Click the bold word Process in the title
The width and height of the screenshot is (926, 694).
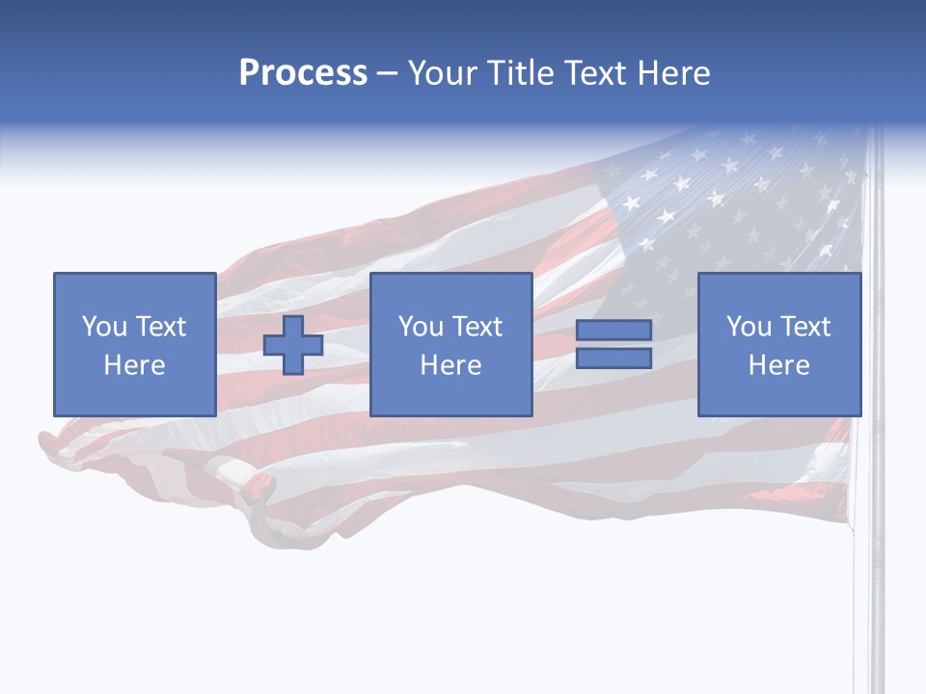tap(303, 72)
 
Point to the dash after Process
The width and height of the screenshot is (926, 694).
tap(387, 73)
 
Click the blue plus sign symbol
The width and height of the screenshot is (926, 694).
tap(293, 345)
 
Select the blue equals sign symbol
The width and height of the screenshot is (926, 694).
tap(613, 344)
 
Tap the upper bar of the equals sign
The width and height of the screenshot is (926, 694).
tap(613, 331)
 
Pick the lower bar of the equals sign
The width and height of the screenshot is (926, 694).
tap(613, 358)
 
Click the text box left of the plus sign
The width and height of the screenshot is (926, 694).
tap(134, 344)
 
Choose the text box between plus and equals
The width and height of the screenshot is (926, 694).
tap(450, 344)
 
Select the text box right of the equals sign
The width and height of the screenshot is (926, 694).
tap(778, 344)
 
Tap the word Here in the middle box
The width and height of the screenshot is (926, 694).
tap(450, 364)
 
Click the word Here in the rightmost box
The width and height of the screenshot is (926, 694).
tap(778, 364)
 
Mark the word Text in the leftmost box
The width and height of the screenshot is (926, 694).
tap(159, 326)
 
